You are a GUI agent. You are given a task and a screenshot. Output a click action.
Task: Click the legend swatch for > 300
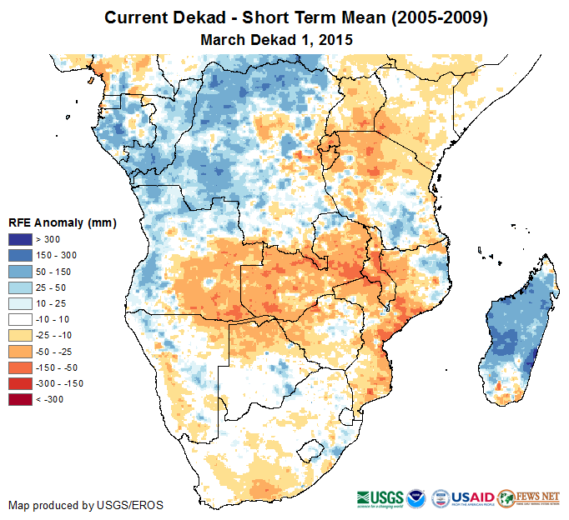21,240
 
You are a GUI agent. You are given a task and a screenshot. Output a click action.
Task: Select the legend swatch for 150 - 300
21,255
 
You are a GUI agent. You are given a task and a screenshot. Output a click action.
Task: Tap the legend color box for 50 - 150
21,271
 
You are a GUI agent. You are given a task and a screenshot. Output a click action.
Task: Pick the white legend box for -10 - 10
21,319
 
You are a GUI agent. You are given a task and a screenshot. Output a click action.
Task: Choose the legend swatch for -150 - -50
21,367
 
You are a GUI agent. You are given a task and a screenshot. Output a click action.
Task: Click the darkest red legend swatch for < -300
21,400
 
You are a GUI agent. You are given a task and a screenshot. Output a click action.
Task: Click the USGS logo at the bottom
380,497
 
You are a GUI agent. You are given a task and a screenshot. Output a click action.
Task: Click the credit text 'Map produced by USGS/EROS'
86,505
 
